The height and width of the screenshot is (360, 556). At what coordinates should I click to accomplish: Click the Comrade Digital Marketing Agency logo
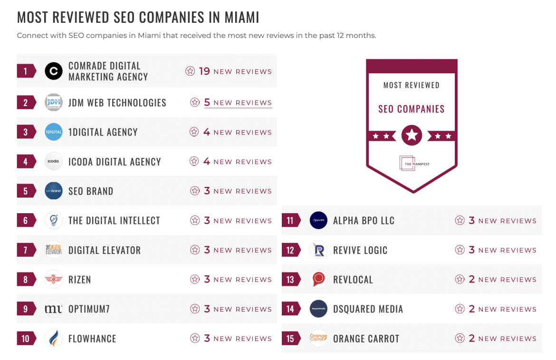(x=54, y=71)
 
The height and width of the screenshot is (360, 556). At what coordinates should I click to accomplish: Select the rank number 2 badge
(x=26, y=103)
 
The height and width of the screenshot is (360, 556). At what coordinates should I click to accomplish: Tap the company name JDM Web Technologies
(x=117, y=103)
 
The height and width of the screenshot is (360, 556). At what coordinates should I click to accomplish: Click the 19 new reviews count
(x=229, y=71)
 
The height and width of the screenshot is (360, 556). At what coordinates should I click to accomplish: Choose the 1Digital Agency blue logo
(x=54, y=132)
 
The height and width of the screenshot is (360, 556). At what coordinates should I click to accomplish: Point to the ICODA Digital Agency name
(x=115, y=162)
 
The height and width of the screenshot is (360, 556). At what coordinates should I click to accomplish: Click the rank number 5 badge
(x=26, y=191)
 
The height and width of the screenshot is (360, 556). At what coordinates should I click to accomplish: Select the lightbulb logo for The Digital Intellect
(x=54, y=221)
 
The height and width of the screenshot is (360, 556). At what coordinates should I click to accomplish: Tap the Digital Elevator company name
(x=105, y=250)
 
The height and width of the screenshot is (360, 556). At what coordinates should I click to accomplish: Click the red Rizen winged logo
(x=54, y=280)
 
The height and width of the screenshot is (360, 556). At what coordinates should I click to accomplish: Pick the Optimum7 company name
(x=89, y=309)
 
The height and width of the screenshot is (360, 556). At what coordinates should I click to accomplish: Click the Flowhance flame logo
(x=54, y=339)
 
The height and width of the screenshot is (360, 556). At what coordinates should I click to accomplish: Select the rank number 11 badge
(x=290, y=221)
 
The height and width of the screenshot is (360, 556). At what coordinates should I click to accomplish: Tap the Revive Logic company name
(x=360, y=250)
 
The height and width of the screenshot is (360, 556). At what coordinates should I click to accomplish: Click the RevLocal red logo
(x=318, y=280)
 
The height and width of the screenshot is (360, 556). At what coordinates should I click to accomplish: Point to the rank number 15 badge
(x=290, y=339)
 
